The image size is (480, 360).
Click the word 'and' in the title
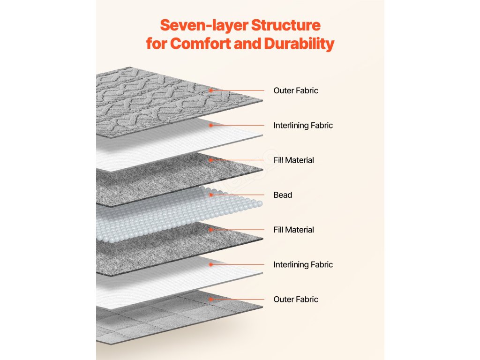(247, 44)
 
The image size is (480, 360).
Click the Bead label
(283, 195)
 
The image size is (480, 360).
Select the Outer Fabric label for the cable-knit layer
(296, 90)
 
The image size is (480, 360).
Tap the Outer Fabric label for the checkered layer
(296, 299)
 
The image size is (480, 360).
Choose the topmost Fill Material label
(294, 160)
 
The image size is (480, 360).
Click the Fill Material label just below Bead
(294, 230)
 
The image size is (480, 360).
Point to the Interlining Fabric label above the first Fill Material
(303, 126)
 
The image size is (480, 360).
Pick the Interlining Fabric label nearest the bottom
(303, 264)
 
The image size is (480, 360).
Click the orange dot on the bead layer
(211, 195)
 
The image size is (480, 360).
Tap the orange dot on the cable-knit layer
(211, 90)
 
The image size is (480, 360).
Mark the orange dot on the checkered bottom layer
(211, 299)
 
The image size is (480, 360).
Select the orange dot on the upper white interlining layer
(211, 125)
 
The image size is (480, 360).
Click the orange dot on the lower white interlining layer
(211, 264)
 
